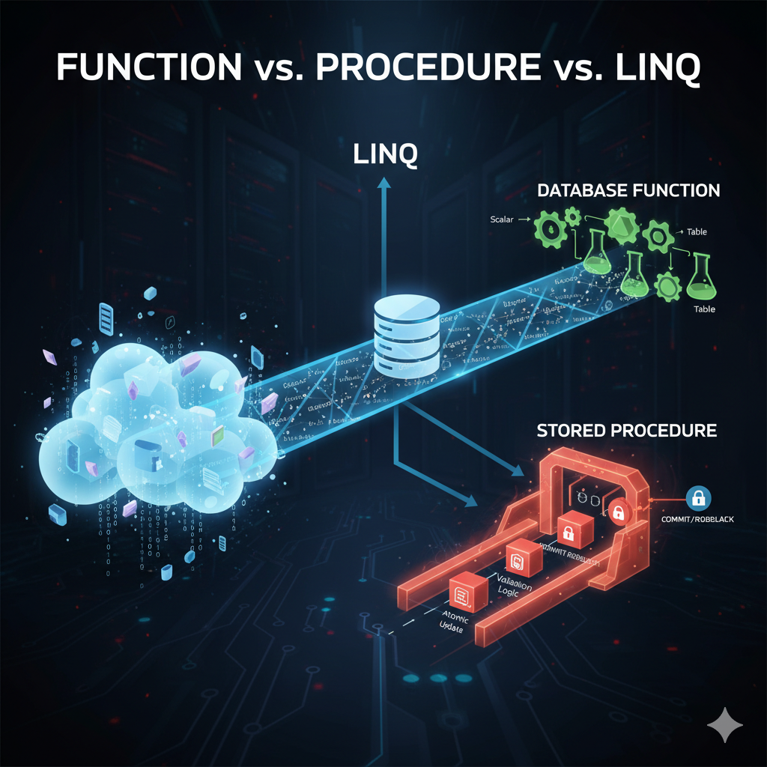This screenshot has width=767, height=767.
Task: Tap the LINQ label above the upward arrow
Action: click(x=385, y=156)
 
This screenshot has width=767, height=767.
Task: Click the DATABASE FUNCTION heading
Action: click(x=628, y=191)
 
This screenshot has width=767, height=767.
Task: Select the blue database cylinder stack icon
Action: click(x=405, y=335)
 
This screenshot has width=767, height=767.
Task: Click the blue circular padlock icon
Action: click(x=698, y=498)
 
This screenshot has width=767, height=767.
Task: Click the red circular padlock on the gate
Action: click(x=619, y=512)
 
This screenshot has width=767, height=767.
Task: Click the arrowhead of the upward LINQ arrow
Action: click(x=384, y=183)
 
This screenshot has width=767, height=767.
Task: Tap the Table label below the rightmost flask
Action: click(x=703, y=309)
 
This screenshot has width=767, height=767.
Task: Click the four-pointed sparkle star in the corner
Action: click(x=725, y=726)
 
